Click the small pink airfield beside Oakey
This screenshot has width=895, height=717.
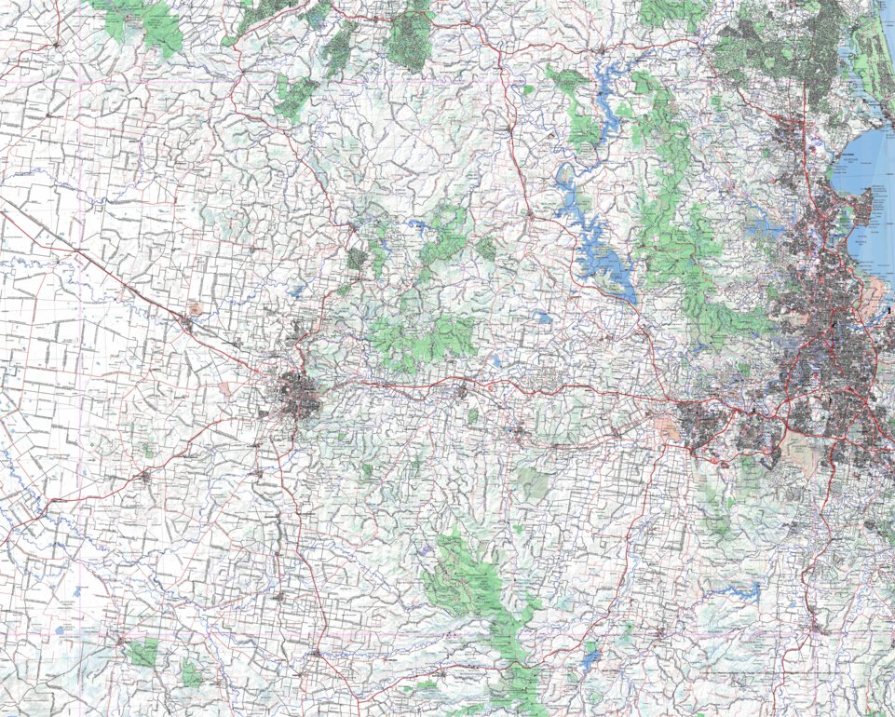coord(194,308)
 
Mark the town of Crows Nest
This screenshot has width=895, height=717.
coord(353,226)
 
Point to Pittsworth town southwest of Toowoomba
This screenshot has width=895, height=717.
coord(144,477)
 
